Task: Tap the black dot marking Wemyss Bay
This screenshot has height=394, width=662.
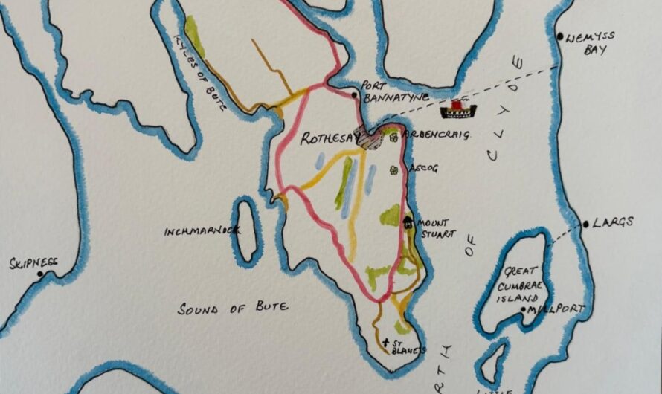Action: tap(560, 36)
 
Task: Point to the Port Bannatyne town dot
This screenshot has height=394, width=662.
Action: tap(356, 95)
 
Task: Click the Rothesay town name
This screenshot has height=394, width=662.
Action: tap(327, 138)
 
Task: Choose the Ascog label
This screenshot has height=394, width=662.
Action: tap(423, 169)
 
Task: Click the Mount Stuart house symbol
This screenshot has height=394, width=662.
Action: tap(407, 222)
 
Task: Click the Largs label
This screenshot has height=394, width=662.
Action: tap(614, 222)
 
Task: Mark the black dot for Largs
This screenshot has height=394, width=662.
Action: tap(587, 224)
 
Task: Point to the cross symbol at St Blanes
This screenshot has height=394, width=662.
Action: tap(385, 343)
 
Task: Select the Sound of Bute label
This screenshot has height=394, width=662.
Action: tap(232, 307)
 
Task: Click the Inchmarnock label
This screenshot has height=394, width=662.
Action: tap(202, 231)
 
